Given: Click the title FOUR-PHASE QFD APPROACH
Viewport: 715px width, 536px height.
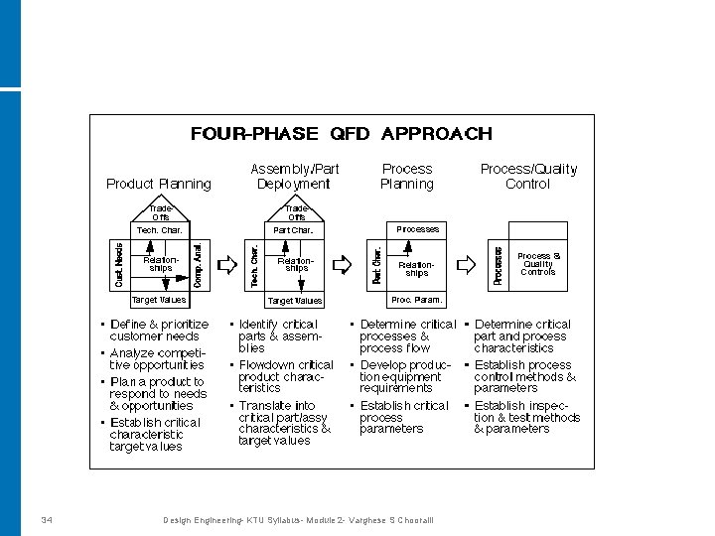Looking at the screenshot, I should point(341,134).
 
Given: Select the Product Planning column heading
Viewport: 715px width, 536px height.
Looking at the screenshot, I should point(159,184).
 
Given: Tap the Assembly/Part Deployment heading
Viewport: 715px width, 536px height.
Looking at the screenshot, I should point(294,177).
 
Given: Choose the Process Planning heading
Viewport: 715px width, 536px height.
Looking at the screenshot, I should point(407,177).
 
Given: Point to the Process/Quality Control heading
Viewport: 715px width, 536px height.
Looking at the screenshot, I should point(528,177).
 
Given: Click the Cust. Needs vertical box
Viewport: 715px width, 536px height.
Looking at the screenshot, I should point(118,265).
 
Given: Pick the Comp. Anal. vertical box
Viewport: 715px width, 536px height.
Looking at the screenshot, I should point(199,265).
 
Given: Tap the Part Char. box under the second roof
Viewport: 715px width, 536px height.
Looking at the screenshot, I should point(295,230).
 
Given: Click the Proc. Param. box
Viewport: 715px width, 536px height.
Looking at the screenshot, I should point(417,299).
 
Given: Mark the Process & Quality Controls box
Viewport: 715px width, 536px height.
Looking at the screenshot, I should point(539,264).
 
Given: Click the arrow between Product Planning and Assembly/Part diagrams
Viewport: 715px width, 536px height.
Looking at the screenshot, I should point(225,265).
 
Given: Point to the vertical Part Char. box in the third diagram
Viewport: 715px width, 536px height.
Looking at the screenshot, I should point(377,265).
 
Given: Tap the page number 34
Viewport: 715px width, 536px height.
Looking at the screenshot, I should point(47,519).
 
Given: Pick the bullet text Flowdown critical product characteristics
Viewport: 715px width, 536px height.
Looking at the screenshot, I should point(286,377).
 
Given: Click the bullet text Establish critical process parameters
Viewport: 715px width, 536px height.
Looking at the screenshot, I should point(404,417).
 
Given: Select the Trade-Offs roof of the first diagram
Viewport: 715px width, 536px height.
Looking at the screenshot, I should point(160,211).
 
